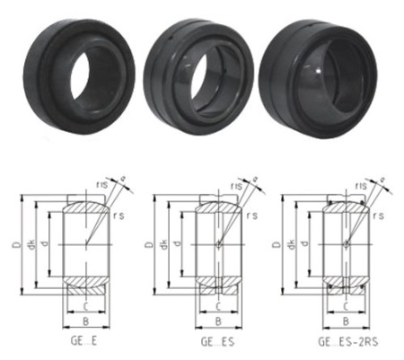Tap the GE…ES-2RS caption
346,342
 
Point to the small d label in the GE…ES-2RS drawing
306,244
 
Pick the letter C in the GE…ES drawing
215,305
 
